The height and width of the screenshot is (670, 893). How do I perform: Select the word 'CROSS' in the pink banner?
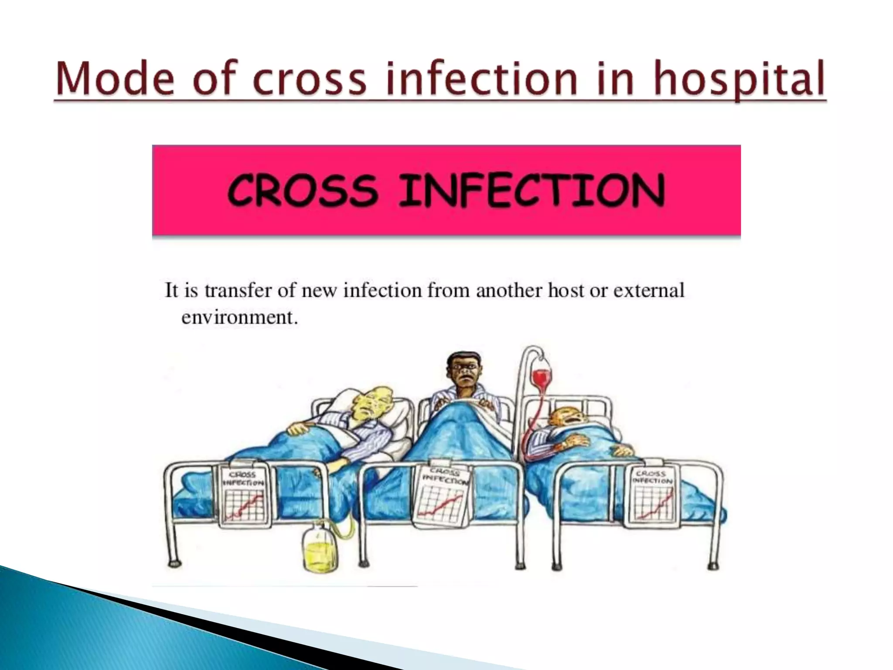click(x=302, y=190)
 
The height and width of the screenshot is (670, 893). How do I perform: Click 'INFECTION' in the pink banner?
click(x=532, y=190)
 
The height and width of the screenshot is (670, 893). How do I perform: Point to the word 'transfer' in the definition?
click(x=239, y=291)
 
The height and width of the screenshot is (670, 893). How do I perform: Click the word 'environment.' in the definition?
click(x=239, y=317)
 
